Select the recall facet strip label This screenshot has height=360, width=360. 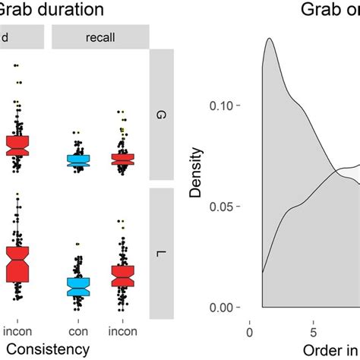(100, 37)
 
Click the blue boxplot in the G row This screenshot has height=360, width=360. (77, 160)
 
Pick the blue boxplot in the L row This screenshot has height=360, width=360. (77, 286)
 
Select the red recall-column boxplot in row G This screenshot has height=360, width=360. (122, 159)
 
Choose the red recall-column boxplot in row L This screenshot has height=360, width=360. (122, 276)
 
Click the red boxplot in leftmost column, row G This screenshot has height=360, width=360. (17, 145)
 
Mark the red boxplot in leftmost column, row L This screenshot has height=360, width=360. (17, 263)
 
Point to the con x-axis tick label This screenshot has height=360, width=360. (77, 331)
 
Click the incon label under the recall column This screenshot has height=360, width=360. (122, 331)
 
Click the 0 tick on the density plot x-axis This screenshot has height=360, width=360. (250, 331)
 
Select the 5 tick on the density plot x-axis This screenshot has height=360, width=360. (313, 331)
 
